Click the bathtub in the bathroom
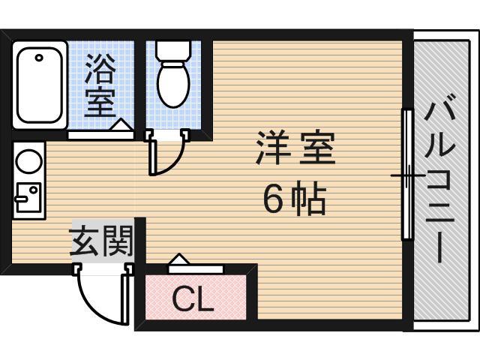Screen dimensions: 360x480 click(x=40, y=86)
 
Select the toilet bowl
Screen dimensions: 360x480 click(x=173, y=85)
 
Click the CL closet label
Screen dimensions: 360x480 click(x=193, y=300)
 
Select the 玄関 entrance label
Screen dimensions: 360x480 click(x=100, y=241)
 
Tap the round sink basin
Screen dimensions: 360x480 click(x=28, y=161)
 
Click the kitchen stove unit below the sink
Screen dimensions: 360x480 click(x=28, y=196)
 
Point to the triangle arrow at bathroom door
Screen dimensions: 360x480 click(x=119, y=124)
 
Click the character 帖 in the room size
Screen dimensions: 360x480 click(x=308, y=198)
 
